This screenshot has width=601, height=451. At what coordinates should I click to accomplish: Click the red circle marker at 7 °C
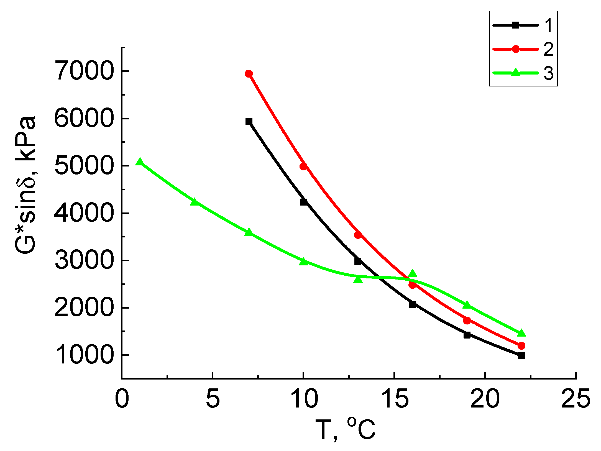pos(249,74)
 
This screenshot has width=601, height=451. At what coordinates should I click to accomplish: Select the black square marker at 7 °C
pos(249,122)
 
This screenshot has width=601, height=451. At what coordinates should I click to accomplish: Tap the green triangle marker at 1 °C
pos(140,162)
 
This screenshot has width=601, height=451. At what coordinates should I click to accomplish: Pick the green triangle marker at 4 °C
pos(194,202)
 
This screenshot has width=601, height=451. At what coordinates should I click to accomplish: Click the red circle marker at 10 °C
pos(303,166)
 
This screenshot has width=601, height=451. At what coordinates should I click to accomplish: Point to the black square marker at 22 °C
pos(521,355)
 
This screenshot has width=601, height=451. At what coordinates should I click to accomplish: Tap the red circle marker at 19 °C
pos(467,321)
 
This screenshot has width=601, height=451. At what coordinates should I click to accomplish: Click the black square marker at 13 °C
pos(358,261)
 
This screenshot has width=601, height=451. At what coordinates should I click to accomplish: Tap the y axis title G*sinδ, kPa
pos(25,185)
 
